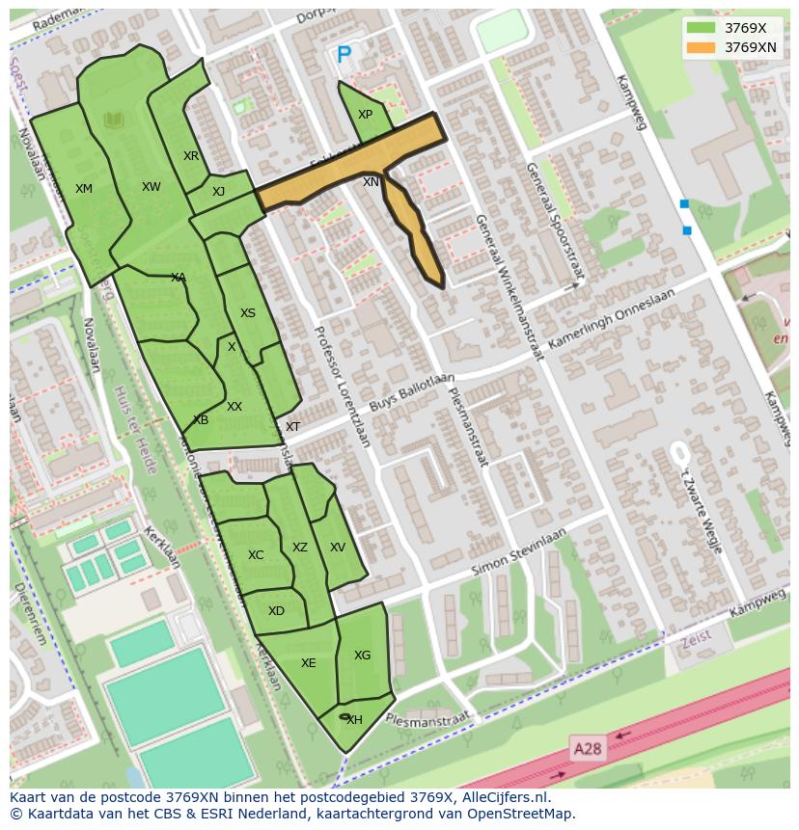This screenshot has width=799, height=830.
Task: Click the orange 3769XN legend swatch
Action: (701, 47)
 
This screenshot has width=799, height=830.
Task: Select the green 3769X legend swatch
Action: (701, 28)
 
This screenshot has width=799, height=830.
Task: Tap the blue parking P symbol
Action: (344, 57)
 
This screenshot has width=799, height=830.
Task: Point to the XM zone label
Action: (84, 189)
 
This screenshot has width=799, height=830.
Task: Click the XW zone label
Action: (152, 187)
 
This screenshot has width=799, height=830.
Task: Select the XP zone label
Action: (365, 115)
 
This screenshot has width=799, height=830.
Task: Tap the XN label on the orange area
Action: (371, 182)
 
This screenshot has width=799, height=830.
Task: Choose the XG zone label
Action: (362, 656)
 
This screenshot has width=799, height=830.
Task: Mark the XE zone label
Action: (308, 663)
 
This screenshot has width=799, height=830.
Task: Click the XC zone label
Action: (256, 555)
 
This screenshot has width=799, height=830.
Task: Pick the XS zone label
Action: (248, 313)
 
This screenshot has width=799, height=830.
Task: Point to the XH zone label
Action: (354, 720)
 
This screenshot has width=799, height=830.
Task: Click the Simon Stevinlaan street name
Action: (518, 553)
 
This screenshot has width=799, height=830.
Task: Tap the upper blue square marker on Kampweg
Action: (684, 203)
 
